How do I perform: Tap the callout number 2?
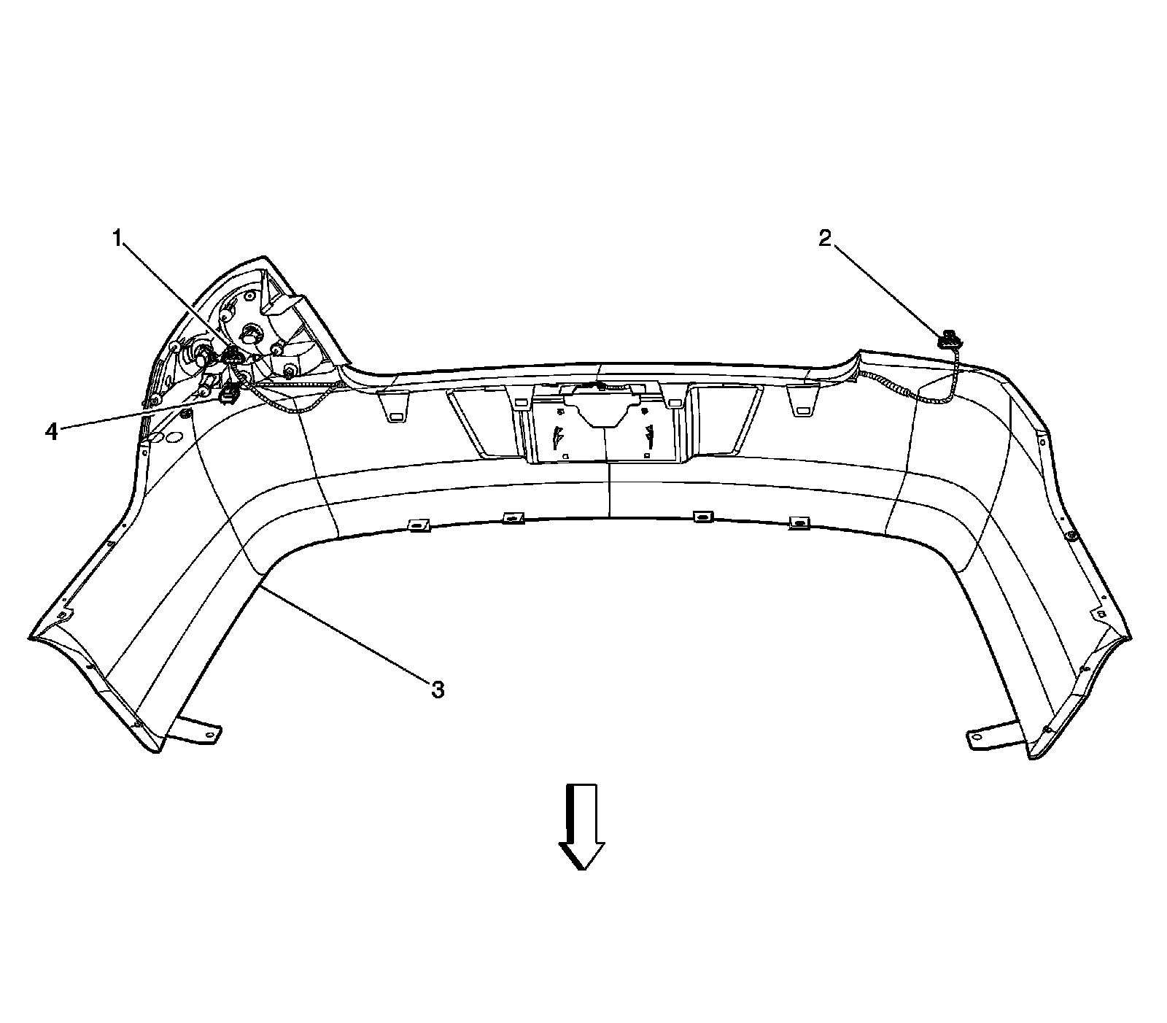click(x=824, y=238)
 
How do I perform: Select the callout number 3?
click(x=438, y=689)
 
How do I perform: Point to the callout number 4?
click(x=51, y=431)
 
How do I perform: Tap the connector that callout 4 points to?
click(x=228, y=396)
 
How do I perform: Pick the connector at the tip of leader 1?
click(x=233, y=356)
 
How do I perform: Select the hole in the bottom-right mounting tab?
click(x=976, y=739)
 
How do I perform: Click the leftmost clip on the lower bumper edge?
click(x=418, y=525)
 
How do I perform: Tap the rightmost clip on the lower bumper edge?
click(x=800, y=522)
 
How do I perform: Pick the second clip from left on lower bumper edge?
click(x=513, y=518)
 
